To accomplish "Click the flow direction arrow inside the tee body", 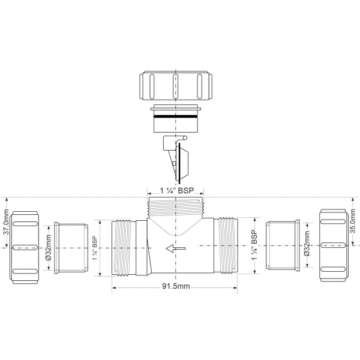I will (175, 248).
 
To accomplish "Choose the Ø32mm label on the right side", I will (307, 247).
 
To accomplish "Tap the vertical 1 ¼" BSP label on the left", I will (94, 247).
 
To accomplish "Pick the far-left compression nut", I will (28, 246).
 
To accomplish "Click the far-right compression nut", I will (334, 246).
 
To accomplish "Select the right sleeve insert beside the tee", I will (281, 247).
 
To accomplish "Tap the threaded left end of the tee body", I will (124, 247).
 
